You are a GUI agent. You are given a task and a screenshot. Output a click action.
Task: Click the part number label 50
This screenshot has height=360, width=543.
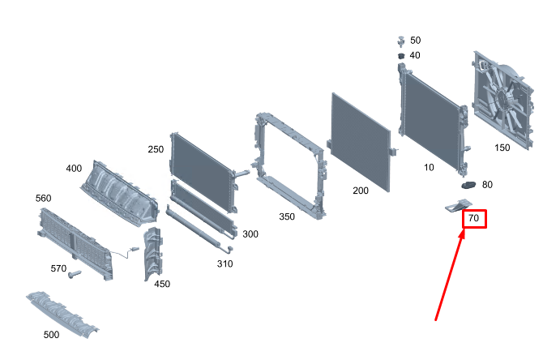point(415,41)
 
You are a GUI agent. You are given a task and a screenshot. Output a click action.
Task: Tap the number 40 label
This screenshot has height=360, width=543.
point(415,55)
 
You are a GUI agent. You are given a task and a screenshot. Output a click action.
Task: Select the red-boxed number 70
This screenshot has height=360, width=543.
point(474,218)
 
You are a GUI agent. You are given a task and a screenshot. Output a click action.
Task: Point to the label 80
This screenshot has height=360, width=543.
point(487,185)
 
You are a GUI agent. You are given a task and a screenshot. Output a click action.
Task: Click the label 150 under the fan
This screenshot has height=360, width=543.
point(502,148)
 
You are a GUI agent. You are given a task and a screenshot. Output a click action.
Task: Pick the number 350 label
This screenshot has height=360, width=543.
point(287,216)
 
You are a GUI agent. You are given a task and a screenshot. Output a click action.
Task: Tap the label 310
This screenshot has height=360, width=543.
point(224,264)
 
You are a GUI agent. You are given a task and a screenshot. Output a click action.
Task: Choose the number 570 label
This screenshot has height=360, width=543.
point(58,268)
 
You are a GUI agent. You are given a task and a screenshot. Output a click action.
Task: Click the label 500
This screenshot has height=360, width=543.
point(51,335)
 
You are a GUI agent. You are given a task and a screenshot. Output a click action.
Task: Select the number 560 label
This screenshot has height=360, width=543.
point(43,198)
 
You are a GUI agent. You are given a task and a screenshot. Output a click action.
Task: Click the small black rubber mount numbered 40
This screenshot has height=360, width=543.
point(401,56)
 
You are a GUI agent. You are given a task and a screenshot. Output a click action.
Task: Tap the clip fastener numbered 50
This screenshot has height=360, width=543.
point(401,41)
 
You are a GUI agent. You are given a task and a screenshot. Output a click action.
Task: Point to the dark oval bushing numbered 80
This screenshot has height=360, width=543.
point(468,185)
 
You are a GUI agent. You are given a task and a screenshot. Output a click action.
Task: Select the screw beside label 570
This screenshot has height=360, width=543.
point(75,274)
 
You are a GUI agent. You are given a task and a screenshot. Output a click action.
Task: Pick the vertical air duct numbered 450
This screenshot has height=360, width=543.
point(152,254)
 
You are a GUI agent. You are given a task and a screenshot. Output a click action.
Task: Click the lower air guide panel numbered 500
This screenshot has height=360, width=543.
point(62,314)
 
